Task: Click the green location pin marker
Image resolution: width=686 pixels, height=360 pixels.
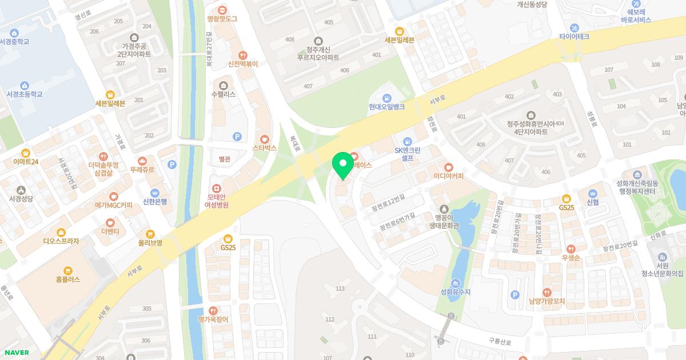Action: (343, 164)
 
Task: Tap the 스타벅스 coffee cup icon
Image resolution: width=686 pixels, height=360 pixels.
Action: (264, 139)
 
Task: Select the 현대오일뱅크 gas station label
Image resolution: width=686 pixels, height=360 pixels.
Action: (386, 107)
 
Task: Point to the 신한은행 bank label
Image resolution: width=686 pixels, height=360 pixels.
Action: (154, 201)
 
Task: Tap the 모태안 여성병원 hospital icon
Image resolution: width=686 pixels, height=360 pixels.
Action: (217, 189)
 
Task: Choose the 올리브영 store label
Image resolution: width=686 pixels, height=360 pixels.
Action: (150, 242)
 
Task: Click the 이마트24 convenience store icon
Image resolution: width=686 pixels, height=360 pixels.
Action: (26, 153)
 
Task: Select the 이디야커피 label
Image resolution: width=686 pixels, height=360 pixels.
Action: (449, 176)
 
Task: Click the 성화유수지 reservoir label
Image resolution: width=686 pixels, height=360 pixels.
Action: (456, 292)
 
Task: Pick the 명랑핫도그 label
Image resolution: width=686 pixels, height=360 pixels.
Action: (222, 19)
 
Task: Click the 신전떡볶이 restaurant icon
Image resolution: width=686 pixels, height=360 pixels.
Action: (243, 55)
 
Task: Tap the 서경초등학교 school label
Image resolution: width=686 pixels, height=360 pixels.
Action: (25, 94)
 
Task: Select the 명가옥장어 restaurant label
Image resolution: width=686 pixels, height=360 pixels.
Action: (213, 319)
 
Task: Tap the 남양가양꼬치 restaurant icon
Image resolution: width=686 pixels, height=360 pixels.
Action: (547, 292)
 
